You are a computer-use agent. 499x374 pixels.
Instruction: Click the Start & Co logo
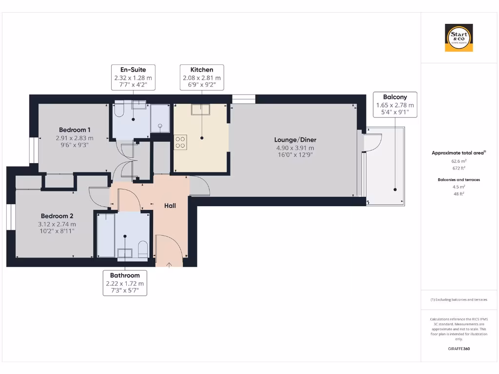tap(459, 38)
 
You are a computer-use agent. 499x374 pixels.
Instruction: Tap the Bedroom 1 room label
tap(75, 130)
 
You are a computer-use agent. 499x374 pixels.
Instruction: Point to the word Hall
tap(170, 206)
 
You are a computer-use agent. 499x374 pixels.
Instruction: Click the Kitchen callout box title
tap(201, 70)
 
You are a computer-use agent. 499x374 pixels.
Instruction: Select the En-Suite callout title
tap(133, 70)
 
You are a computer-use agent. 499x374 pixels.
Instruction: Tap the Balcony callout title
tap(395, 96)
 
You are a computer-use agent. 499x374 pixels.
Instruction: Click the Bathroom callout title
tap(125, 276)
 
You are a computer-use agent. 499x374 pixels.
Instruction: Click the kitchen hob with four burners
tap(180, 142)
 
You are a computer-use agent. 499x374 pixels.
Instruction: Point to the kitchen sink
tap(200, 110)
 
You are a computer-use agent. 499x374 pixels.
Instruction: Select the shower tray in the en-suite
tap(160, 119)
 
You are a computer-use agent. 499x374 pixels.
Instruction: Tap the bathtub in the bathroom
tap(105, 235)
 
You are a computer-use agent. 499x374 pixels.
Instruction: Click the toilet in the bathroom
tap(143, 249)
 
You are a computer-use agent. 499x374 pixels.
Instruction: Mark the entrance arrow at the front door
tap(169, 264)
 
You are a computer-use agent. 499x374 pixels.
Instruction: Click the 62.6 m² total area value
tap(459, 161)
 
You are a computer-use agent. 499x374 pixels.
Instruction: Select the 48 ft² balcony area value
tap(459, 193)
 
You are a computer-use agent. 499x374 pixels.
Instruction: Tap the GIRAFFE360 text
tap(459, 349)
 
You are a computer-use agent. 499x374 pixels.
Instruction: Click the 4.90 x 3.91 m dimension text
tap(295, 148)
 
